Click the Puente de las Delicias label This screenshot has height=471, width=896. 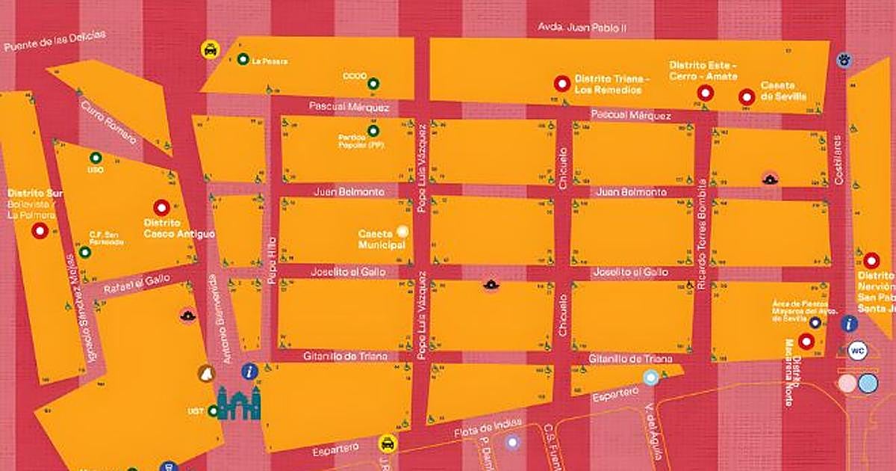tap(55, 40)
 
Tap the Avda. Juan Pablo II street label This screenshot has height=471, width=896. tap(582, 28)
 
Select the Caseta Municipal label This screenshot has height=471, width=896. tap(381, 239)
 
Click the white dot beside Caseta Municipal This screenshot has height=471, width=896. tap(403, 232)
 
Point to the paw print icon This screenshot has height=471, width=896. tap(844, 59)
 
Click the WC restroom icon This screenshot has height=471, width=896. tap(856, 349)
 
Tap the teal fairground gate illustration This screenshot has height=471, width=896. tap(239, 403)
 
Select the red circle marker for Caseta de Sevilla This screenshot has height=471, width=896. tap(746, 96)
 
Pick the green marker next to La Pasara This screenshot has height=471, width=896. tap(243, 60)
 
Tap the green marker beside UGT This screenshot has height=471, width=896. tap(214, 410)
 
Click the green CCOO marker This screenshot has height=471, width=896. tap(374, 83)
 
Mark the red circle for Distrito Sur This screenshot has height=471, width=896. tap(40, 231)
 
